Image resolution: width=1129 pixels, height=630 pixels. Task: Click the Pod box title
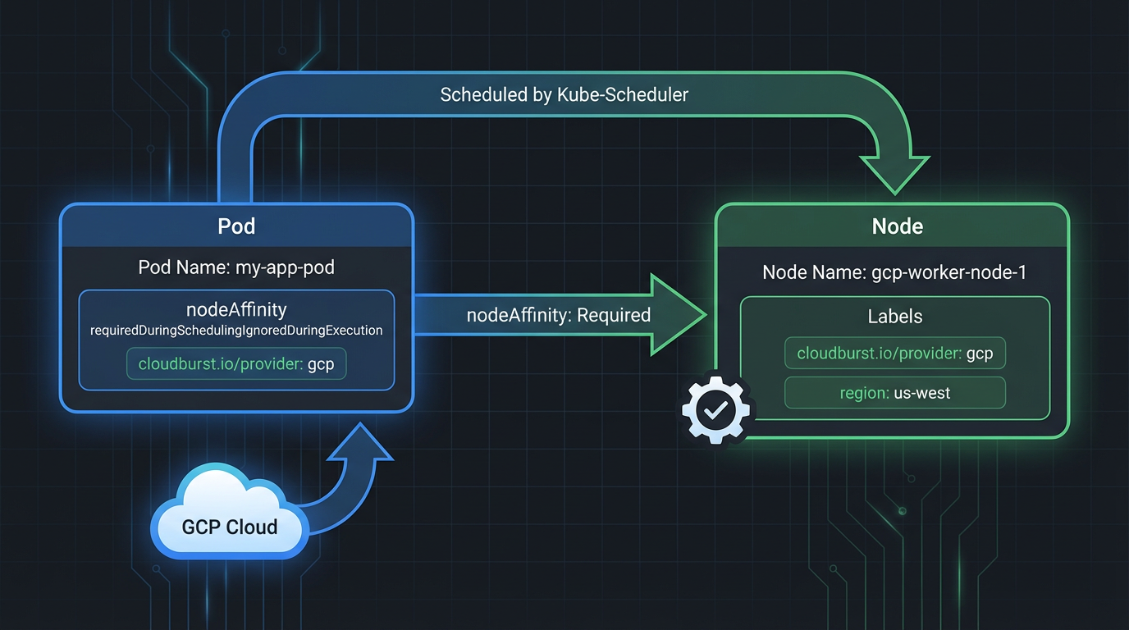(236, 226)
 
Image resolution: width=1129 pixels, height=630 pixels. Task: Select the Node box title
(897, 226)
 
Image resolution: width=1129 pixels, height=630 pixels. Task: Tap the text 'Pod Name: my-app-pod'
(236, 267)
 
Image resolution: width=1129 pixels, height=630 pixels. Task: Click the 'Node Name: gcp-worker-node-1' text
(894, 272)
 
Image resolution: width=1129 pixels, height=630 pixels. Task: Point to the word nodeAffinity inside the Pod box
(236, 309)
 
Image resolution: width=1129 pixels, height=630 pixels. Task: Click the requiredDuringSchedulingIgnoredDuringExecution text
(236, 330)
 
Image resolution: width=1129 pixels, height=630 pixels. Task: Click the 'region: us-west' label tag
(895, 393)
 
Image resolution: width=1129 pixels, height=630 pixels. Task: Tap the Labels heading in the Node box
(895, 317)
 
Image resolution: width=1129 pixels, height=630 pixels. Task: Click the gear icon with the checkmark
(715, 410)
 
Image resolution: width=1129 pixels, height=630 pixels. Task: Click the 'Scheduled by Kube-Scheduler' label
(564, 94)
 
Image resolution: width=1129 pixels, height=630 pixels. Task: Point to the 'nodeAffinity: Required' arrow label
(558, 315)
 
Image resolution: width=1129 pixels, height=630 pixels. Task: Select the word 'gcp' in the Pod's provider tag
(321, 364)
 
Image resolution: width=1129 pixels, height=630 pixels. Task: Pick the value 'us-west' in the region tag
(923, 393)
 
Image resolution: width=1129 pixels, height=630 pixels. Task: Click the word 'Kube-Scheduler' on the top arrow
(622, 94)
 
